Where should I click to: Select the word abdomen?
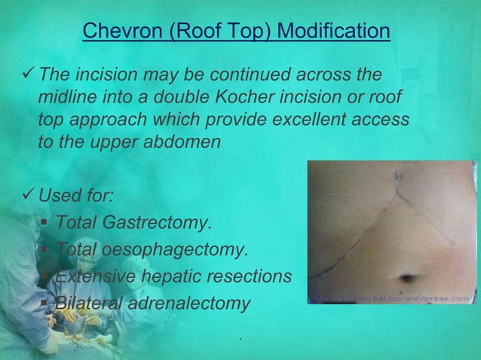(x=182, y=143)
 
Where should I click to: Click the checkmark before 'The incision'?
(x=28, y=75)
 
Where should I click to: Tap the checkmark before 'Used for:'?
(x=28, y=197)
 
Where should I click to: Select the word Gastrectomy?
(x=160, y=223)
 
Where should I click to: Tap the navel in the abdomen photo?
(x=408, y=276)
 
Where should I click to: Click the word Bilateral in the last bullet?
(x=85, y=304)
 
